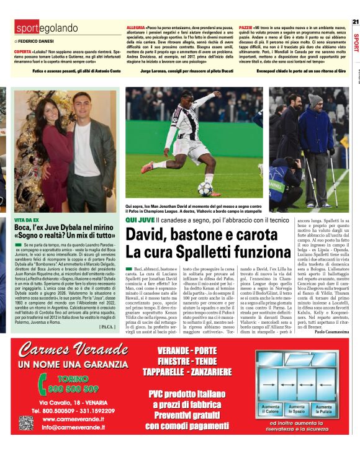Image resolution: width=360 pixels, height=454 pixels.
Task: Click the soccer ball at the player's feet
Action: [205, 188]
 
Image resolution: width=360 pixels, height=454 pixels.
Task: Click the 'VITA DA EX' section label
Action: [27, 220]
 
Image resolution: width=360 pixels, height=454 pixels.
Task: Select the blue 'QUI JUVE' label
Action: [139, 220]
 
